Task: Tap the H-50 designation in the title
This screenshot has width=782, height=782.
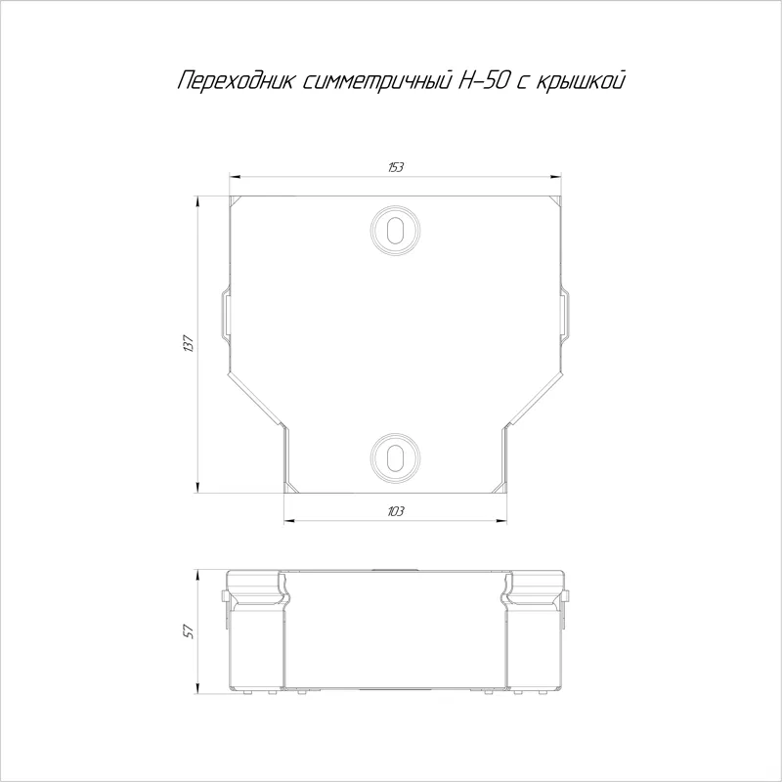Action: (483, 81)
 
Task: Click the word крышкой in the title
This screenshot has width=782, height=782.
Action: (581, 82)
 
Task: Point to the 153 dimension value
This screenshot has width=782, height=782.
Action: (396, 167)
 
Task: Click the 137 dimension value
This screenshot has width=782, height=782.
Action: (189, 344)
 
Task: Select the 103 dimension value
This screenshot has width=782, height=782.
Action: (396, 511)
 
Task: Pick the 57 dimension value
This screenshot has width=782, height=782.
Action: (189, 630)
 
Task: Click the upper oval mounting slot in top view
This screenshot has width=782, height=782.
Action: (395, 230)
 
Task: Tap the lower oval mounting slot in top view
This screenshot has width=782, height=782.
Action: (395, 456)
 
